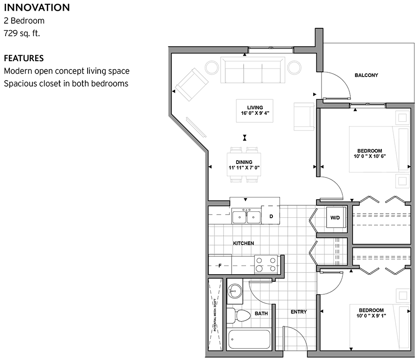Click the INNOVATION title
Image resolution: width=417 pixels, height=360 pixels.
tap(37, 8)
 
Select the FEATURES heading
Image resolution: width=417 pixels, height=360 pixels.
tap(24, 58)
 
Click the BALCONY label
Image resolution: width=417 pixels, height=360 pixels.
tap(366, 75)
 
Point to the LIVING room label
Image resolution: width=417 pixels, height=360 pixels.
tap(254, 107)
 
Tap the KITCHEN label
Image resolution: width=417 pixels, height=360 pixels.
tap(243, 243)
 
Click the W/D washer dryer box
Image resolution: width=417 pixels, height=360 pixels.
tap(335, 217)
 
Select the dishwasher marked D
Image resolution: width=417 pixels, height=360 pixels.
tap(271, 216)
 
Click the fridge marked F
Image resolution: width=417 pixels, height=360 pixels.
tap(220, 265)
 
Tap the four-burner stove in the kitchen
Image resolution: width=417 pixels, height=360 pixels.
tap(266, 265)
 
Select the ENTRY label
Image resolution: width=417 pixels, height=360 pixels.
tap(298, 312)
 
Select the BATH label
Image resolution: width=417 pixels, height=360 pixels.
tap(261, 314)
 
